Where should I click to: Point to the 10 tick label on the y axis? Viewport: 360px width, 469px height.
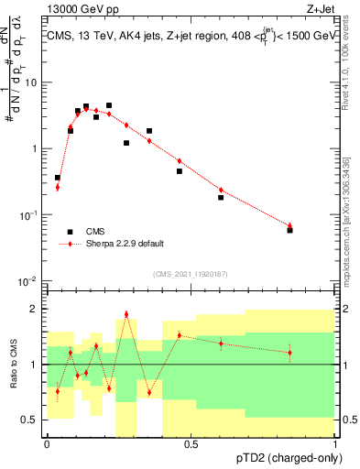coord(31,82)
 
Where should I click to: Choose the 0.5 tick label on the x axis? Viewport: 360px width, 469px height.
coord(191,444)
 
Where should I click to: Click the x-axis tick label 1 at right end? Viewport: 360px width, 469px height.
coord(335,444)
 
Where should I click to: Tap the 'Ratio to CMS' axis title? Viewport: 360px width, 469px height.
coord(14,365)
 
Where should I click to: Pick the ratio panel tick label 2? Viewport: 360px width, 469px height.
coord(34,309)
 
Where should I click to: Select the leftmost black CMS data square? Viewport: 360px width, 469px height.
coord(58,178)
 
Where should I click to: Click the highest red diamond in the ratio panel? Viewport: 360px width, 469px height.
coord(126,314)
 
